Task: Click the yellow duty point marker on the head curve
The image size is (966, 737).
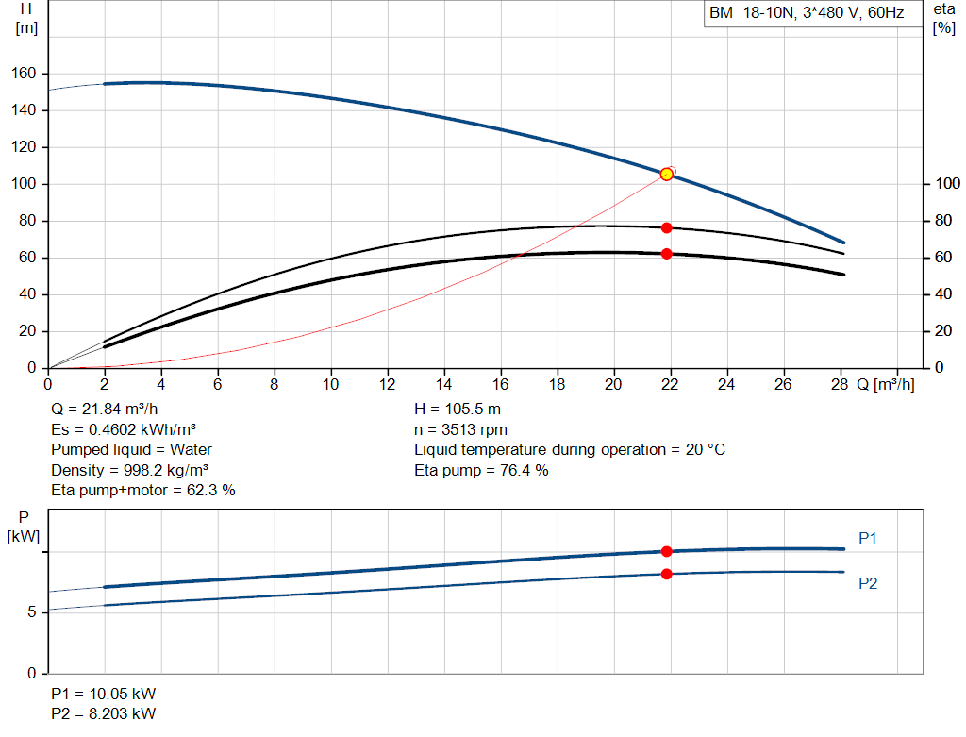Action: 666,175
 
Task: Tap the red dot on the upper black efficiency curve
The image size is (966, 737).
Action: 667,228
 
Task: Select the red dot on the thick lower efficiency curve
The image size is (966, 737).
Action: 667,254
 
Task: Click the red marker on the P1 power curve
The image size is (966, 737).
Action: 667,551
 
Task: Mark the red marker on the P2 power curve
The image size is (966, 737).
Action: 667,575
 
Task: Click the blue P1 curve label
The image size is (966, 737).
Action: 868,539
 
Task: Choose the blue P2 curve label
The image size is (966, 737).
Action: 868,583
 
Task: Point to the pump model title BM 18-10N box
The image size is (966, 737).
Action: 813,13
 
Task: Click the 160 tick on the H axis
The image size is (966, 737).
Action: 24,74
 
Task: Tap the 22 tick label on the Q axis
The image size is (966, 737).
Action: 670,384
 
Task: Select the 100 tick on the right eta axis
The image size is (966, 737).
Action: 947,184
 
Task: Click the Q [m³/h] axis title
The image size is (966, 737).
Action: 885,384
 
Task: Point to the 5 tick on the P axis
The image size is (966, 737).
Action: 31,612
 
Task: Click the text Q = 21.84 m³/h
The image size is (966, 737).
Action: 105,410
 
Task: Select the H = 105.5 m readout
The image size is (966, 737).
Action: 458,410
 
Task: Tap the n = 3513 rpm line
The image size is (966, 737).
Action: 460,429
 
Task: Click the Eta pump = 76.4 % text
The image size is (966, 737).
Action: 481,470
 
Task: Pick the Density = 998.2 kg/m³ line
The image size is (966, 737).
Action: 130,470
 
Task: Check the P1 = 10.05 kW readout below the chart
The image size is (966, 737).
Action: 104,694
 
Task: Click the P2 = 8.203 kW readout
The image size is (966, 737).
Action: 104,713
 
